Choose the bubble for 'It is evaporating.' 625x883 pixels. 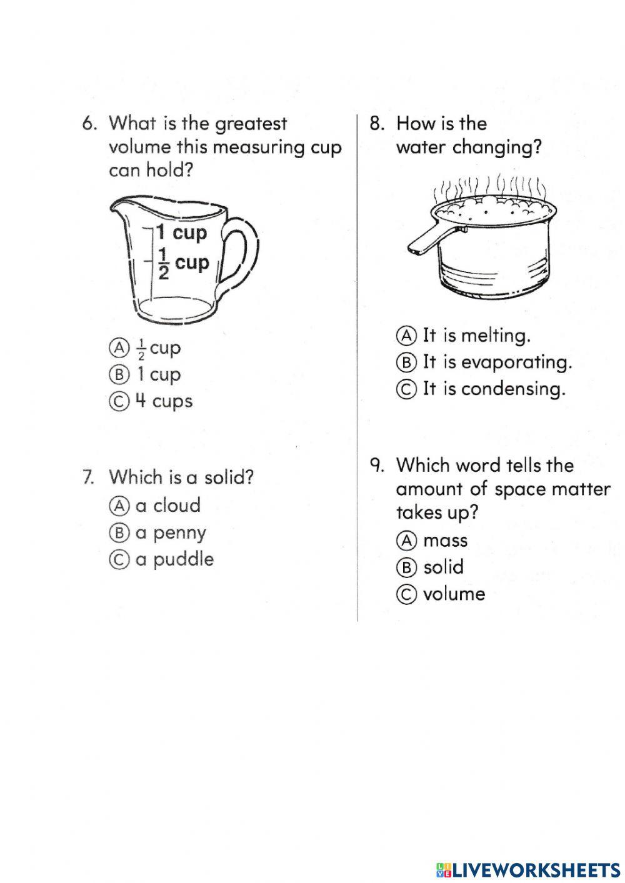click(406, 362)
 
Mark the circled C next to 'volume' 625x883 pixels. click(406, 594)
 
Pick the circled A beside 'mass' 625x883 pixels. click(406, 541)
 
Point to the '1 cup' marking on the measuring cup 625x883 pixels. click(181, 233)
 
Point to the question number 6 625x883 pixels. click(89, 124)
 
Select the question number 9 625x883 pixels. click(376, 466)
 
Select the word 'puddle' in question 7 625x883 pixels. click(183, 559)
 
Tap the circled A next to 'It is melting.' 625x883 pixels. click(406, 336)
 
